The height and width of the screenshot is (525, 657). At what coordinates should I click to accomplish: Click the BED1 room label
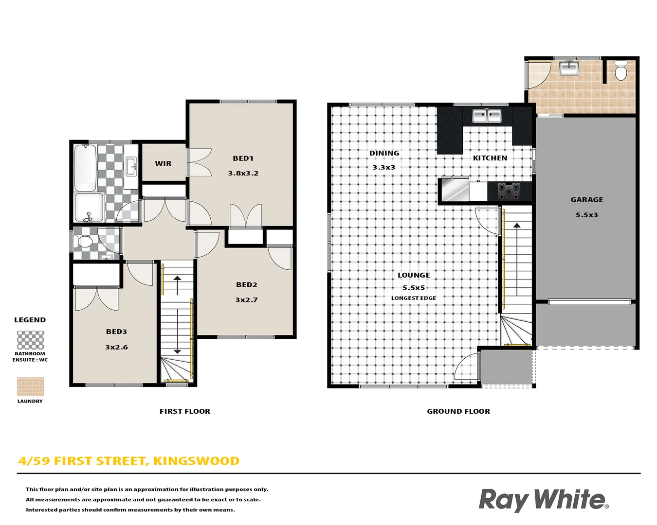click(243, 158)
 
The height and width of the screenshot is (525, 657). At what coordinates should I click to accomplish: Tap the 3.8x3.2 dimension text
click(243, 174)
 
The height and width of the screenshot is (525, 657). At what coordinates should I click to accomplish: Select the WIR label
click(163, 164)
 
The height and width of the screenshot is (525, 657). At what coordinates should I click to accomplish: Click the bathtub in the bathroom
click(85, 168)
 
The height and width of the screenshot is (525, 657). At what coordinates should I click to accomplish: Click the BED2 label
click(246, 285)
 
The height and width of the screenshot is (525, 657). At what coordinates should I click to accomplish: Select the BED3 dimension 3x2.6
click(116, 347)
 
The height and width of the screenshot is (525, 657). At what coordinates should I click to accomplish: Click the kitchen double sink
click(487, 116)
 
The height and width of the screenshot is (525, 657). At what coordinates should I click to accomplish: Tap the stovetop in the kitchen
click(509, 191)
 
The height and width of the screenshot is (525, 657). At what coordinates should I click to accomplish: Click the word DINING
click(384, 153)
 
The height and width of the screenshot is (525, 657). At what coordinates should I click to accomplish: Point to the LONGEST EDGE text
click(413, 298)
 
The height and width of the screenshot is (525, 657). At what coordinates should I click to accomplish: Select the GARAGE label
click(586, 200)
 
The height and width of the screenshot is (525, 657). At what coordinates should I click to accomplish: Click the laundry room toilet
click(620, 71)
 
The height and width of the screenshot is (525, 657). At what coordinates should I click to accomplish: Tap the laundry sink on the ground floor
click(568, 68)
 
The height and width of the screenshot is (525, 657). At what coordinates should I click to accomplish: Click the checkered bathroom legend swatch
click(30, 340)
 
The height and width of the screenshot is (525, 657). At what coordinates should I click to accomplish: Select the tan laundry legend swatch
click(30, 387)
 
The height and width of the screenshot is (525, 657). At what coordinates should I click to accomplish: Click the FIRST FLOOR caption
click(184, 411)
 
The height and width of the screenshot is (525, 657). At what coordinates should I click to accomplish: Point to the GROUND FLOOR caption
click(458, 411)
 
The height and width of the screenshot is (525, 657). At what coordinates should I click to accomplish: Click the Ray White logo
click(543, 500)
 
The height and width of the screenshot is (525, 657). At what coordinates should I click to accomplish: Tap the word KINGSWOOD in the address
click(196, 461)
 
